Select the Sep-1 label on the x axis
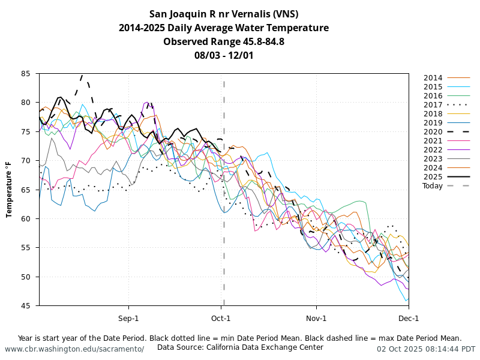tap(128, 318)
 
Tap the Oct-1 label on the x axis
tap(221, 318)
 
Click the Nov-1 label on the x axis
tap(316, 318)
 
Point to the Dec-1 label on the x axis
tap(409, 318)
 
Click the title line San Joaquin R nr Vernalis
tap(224, 14)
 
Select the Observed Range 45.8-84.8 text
tap(224, 41)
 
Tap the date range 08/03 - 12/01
tap(224, 55)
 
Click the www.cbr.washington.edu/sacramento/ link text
tap(74, 349)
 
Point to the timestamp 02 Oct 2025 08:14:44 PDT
tap(425, 349)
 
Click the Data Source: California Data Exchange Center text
tap(240, 347)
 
